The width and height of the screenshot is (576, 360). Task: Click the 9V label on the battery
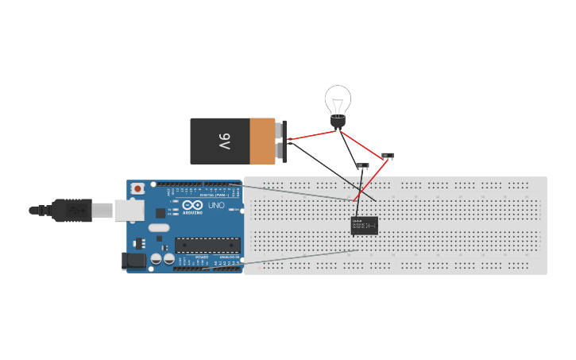click(x=224, y=141)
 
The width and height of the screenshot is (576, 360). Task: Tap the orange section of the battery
click(x=262, y=141)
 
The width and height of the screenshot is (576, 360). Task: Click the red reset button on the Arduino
click(x=138, y=189)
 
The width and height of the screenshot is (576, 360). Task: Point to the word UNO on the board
click(x=216, y=205)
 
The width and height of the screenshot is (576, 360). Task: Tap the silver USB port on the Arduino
click(x=128, y=210)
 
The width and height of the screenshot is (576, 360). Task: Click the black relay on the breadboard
click(x=365, y=226)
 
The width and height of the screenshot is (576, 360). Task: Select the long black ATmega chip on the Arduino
click(x=207, y=246)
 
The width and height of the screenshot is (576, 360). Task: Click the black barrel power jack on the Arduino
click(x=131, y=260)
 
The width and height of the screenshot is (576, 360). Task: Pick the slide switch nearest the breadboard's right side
click(x=388, y=156)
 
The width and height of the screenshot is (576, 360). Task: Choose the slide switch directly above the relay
click(x=362, y=166)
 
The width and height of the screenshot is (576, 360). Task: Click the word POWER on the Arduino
click(x=202, y=257)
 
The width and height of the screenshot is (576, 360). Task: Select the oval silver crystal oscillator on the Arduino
click(x=159, y=228)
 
